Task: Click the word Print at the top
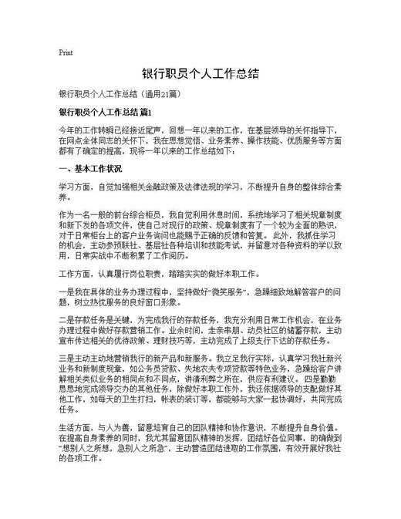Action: (66, 53)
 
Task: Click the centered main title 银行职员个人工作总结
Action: (200, 74)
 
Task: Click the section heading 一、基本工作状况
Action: (90, 168)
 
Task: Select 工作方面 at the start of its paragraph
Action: (76, 275)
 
